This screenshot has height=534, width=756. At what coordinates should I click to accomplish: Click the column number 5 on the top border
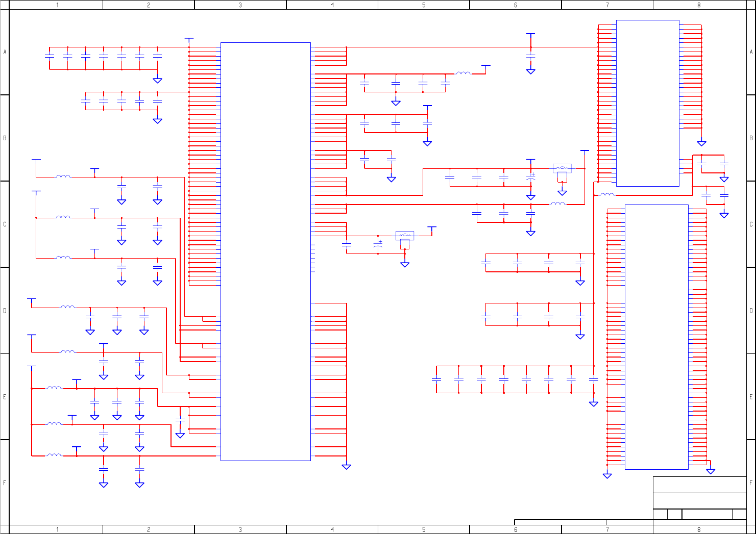(x=424, y=5)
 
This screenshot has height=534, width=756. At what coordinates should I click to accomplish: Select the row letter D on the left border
(x=5, y=310)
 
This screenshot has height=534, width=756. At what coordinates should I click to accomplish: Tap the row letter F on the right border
(x=751, y=482)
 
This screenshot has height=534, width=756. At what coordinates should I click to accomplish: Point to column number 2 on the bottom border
(x=149, y=529)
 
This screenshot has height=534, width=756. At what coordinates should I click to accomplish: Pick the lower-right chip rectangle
(x=656, y=337)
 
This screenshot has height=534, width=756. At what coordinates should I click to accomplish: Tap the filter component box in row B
(x=562, y=168)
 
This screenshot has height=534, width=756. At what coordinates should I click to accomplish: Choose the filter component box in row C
(x=405, y=236)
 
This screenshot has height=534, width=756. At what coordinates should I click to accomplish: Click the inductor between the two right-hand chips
(x=607, y=195)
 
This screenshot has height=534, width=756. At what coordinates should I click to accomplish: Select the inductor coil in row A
(x=464, y=73)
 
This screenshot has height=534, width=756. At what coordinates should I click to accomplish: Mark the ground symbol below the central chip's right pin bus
(x=346, y=466)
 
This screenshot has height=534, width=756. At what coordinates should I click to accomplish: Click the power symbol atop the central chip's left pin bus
(x=189, y=39)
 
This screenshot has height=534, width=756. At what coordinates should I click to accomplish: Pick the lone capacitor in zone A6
(x=530, y=55)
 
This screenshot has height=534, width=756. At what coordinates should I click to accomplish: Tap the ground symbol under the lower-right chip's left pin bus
(x=607, y=475)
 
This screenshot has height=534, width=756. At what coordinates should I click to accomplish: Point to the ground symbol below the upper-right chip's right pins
(x=701, y=143)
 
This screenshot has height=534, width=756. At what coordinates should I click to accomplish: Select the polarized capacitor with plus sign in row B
(x=530, y=178)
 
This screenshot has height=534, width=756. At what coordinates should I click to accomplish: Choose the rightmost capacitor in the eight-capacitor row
(x=593, y=379)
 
